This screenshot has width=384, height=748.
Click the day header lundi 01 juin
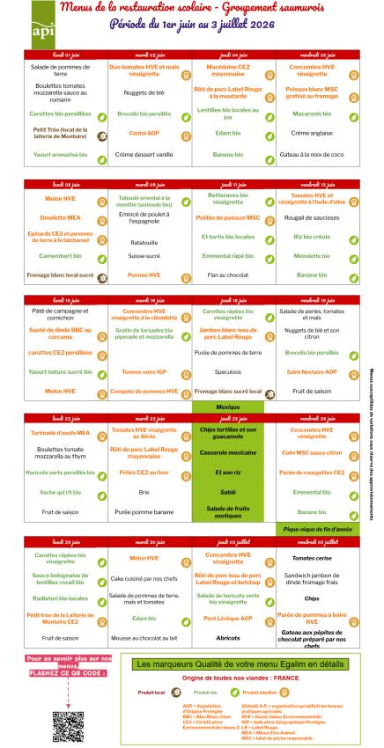(x=65, y=55)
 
